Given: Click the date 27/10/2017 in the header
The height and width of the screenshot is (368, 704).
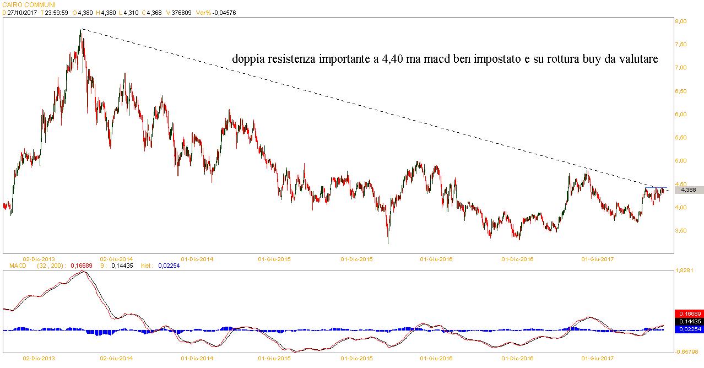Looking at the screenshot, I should [x=22, y=13].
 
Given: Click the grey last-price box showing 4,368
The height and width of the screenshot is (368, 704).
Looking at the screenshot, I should [x=688, y=190].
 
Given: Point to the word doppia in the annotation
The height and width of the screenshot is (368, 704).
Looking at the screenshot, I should [x=248, y=59].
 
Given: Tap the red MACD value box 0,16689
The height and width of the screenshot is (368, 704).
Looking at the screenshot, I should [x=689, y=313].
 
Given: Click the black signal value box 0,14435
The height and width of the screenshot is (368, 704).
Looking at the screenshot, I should [x=689, y=321].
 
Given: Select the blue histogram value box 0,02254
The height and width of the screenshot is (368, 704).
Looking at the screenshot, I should [x=689, y=329].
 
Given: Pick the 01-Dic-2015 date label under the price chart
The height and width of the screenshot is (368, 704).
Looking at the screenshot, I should [x=358, y=258].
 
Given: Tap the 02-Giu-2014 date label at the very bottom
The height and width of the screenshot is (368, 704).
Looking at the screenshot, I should [x=117, y=358].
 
